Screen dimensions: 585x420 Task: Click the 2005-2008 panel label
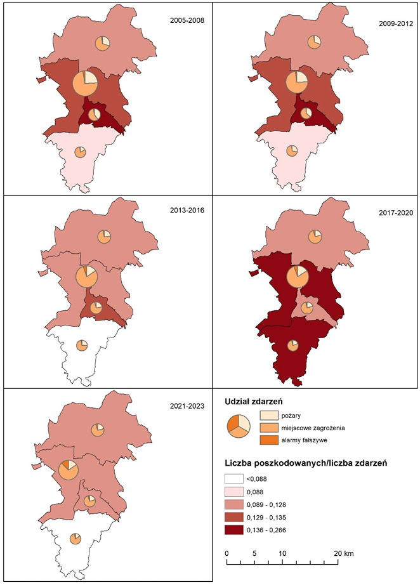click(x=187, y=20)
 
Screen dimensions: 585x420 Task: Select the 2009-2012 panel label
click(x=396, y=23)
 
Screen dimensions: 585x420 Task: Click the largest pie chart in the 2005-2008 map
click(x=84, y=83)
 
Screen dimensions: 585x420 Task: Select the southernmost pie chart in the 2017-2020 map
click(x=292, y=346)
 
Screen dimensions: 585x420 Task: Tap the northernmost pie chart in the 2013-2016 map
click(x=103, y=237)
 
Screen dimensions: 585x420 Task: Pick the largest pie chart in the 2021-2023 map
click(x=68, y=470)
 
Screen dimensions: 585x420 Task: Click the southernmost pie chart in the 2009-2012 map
click(x=292, y=151)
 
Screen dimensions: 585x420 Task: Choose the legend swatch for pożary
click(x=269, y=414)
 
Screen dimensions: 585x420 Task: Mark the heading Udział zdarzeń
click(x=254, y=401)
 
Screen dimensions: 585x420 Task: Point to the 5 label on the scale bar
click(x=254, y=553)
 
